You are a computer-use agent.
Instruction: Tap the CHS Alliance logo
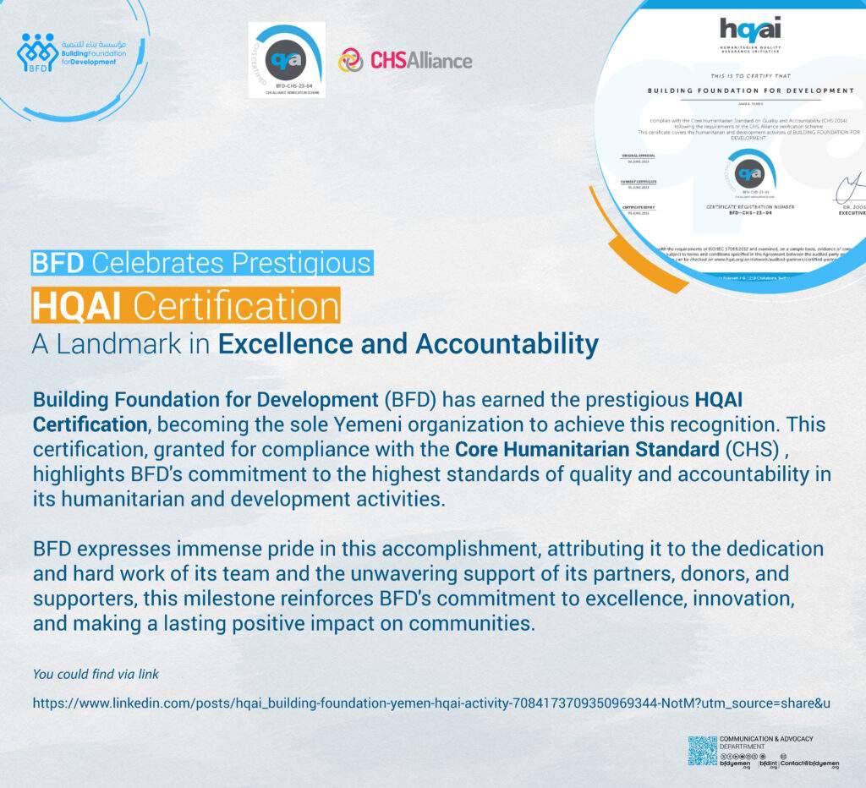click(405, 60)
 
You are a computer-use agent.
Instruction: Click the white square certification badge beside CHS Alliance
click(287, 60)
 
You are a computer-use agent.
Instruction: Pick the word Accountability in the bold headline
click(507, 344)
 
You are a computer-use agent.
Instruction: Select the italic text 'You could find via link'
click(96, 674)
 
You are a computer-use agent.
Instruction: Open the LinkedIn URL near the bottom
click(431, 703)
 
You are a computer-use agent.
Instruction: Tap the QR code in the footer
click(702, 751)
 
